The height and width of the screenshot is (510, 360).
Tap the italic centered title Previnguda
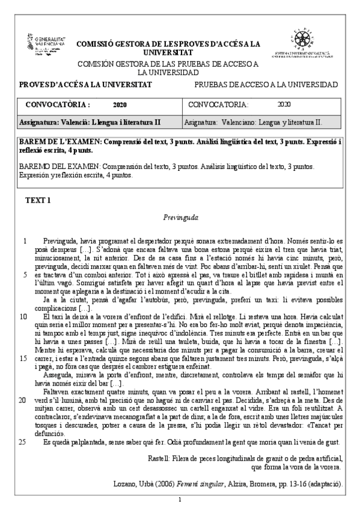pos(180,217)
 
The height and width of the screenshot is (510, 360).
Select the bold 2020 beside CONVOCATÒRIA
pos(120,104)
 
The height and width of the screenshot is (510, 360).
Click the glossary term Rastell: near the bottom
pos(159,458)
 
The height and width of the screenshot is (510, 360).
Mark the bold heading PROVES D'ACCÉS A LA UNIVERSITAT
pos(85,84)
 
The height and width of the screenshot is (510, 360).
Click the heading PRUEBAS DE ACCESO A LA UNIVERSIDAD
pos(266,84)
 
